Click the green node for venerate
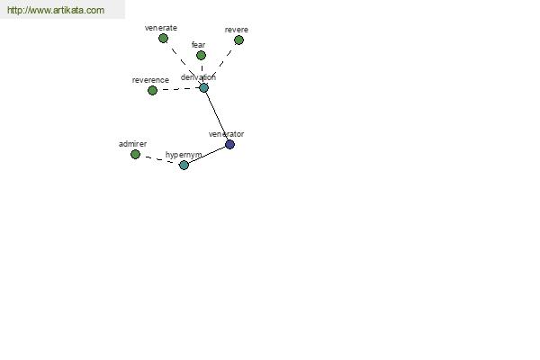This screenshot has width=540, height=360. (x=163, y=38)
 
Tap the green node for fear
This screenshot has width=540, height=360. (x=201, y=55)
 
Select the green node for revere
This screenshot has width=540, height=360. (x=238, y=40)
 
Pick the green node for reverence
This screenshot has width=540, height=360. (x=152, y=90)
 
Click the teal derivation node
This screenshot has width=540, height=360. (x=204, y=87)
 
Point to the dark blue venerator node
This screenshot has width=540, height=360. (x=229, y=144)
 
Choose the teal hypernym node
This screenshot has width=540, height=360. (x=184, y=165)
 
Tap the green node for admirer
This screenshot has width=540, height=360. (x=135, y=154)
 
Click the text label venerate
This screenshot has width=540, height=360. (x=161, y=28)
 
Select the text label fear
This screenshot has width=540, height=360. (x=198, y=45)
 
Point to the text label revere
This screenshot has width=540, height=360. (x=236, y=30)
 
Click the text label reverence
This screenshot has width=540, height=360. (x=150, y=80)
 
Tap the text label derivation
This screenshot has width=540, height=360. (x=198, y=77)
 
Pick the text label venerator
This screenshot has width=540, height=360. (x=226, y=134)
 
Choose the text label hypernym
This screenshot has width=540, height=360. (x=184, y=155)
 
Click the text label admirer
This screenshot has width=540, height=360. (x=132, y=144)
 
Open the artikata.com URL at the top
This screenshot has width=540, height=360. (x=56, y=10)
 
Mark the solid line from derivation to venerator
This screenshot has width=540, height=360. (x=217, y=116)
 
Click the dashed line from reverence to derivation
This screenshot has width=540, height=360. (x=178, y=89)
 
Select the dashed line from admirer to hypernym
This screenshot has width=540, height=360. (x=159, y=159)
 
